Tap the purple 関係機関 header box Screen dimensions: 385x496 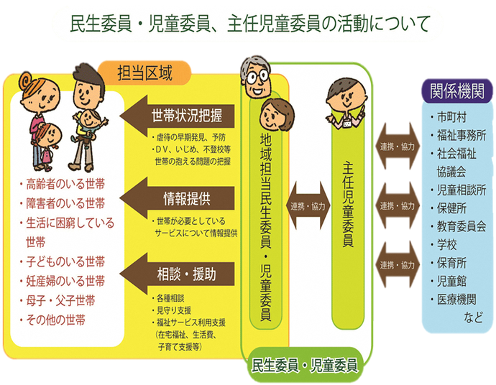[456, 91]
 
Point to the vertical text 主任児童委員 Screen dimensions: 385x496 [348, 208]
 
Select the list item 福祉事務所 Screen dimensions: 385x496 [461, 134]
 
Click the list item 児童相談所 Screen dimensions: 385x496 [461, 190]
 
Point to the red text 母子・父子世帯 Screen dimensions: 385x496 [60, 300]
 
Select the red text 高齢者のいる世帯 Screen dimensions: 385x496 [65, 185]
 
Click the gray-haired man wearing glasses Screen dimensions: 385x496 [255, 81]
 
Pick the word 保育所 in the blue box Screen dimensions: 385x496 [452, 262]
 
